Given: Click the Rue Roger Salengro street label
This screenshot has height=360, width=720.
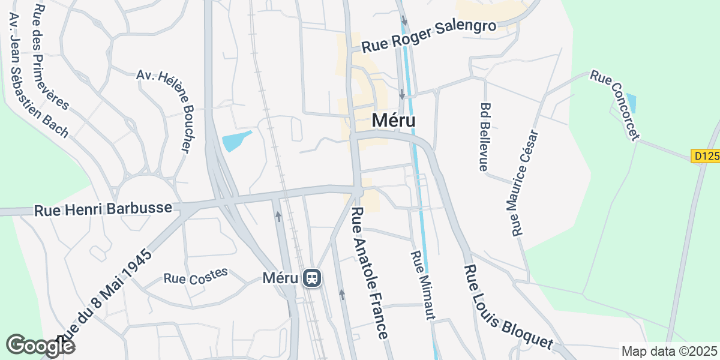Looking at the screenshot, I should (x=429, y=35).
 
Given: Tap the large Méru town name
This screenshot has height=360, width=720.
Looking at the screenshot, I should (x=394, y=120).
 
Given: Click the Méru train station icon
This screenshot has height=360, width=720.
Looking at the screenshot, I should (x=312, y=278).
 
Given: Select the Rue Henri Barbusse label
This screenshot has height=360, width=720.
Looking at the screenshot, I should (x=103, y=209).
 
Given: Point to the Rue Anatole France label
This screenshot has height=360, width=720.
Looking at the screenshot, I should (x=370, y=273).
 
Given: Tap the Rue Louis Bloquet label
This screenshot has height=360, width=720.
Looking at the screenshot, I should (x=508, y=306).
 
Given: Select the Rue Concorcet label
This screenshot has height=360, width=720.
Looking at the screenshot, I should (x=614, y=104).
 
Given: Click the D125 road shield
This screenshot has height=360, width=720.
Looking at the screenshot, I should (x=705, y=156).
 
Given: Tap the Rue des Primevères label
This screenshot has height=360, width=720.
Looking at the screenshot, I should (x=52, y=57).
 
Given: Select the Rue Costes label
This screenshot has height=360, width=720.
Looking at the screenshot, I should (x=196, y=275).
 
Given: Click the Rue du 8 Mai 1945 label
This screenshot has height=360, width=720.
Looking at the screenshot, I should (x=105, y=292).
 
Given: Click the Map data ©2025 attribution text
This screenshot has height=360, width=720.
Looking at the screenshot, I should (x=668, y=351).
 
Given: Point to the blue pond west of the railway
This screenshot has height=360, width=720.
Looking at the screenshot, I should (x=236, y=141).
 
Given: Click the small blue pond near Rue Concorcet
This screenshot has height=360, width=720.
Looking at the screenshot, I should (x=631, y=103).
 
